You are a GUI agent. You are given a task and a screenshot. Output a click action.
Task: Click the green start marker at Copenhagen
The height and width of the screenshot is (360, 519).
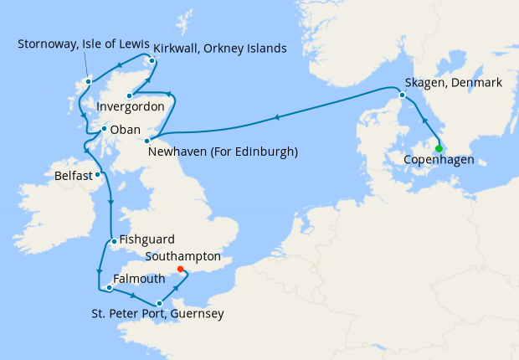(439, 149)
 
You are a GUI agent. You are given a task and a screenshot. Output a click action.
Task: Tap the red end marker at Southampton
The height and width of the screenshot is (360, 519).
(180, 270)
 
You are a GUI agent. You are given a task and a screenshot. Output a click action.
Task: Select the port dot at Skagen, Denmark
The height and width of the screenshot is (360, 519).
(403, 95)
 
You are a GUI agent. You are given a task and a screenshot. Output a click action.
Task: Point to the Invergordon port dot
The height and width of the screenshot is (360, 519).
(130, 96)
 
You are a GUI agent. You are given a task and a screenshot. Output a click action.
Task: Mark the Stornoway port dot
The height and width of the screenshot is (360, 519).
(88, 81)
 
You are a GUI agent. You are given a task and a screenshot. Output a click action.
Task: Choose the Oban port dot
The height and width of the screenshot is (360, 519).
(103, 130)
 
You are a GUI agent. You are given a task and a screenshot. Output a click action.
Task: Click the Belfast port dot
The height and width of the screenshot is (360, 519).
(98, 175)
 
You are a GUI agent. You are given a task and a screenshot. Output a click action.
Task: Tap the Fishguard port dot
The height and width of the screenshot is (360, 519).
(113, 241)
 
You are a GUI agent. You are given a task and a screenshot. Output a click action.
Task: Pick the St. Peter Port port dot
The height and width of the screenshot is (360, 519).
(159, 303)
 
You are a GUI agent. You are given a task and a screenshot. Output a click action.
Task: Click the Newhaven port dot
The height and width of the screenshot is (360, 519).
(147, 140)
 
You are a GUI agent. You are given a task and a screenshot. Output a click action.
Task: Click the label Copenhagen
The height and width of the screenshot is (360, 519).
(439, 160)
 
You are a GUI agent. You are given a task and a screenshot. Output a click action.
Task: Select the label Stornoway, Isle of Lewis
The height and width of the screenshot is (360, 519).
(84, 44)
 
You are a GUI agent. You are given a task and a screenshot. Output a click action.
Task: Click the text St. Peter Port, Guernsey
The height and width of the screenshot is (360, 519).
(158, 315)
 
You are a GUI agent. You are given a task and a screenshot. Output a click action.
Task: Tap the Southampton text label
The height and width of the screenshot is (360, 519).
(184, 256)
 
